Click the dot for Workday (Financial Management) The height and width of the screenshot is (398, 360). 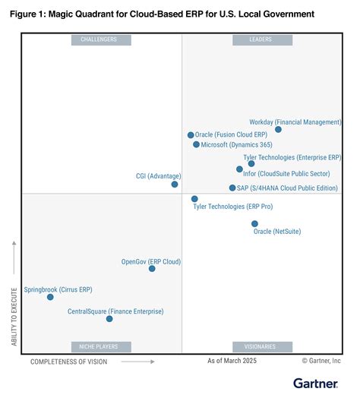click(x=278, y=130)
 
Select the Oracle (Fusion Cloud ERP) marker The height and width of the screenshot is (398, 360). click(x=191, y=135)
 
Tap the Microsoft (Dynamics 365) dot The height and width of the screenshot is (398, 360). click(x=196, y=144)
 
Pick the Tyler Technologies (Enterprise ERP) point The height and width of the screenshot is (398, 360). click(x=251, y=163)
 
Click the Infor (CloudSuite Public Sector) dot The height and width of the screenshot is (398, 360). click(x=239, y=169)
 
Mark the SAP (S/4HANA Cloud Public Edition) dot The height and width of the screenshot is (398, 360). click(x=232, y=188)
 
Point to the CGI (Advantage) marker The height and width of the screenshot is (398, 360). click(x=175, y=184)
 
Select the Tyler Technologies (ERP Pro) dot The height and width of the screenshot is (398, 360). click(x=194, y=199)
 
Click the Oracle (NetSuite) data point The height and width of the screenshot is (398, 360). click(x=254, y=224)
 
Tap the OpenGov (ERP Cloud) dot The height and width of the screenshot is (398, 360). click(x=152, y=268)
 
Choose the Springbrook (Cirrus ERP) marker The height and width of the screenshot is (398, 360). click(x=50, y=297)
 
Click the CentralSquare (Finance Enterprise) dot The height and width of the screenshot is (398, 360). click(x=109, y=319)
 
